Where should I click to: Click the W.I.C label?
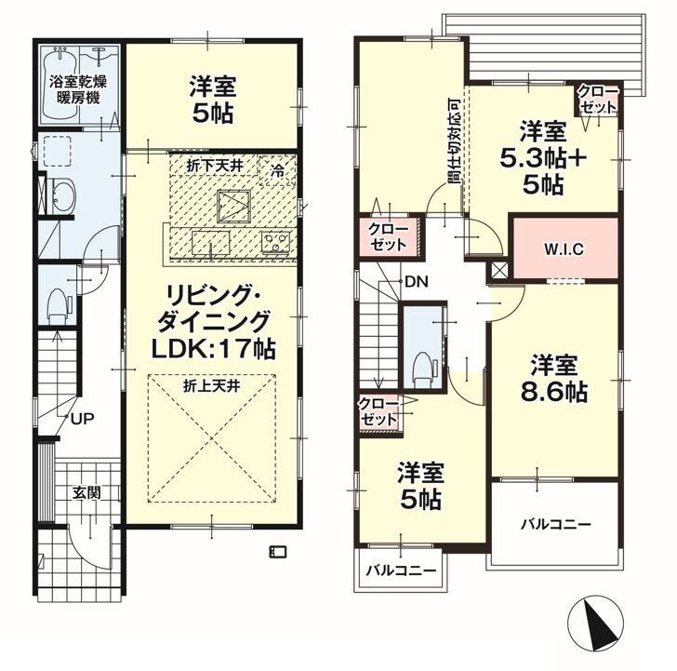pyautogui.click(x=564, y=249)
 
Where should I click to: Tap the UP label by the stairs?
pyautogui.click(x=83, y=418)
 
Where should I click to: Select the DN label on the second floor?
pyautogui.click(x=417, y=282)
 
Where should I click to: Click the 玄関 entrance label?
pyautogui.click(x=86, y=493)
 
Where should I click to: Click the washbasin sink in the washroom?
pyautogui.click(x=63, y=195)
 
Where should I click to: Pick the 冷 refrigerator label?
pyautogui.click(x=278, y=170)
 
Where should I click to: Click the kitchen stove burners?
pyautogui.click(x=276, y=242)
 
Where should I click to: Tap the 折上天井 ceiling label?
pyautogui.click(x=212, y=386)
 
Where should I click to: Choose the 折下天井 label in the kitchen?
pyautogui.click(x=215, y=166)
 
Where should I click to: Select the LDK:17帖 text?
pyautogui.click(x=213, y=348)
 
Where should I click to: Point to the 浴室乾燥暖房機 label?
pyautogui.click(x=78, y=89)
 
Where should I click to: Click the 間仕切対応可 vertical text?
pyautogui.click(x=454, y=141)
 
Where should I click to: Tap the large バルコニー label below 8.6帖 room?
pyautogui.click(x=555, y=525)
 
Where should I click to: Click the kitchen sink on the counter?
pyautogui.click(x=211, y=243)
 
